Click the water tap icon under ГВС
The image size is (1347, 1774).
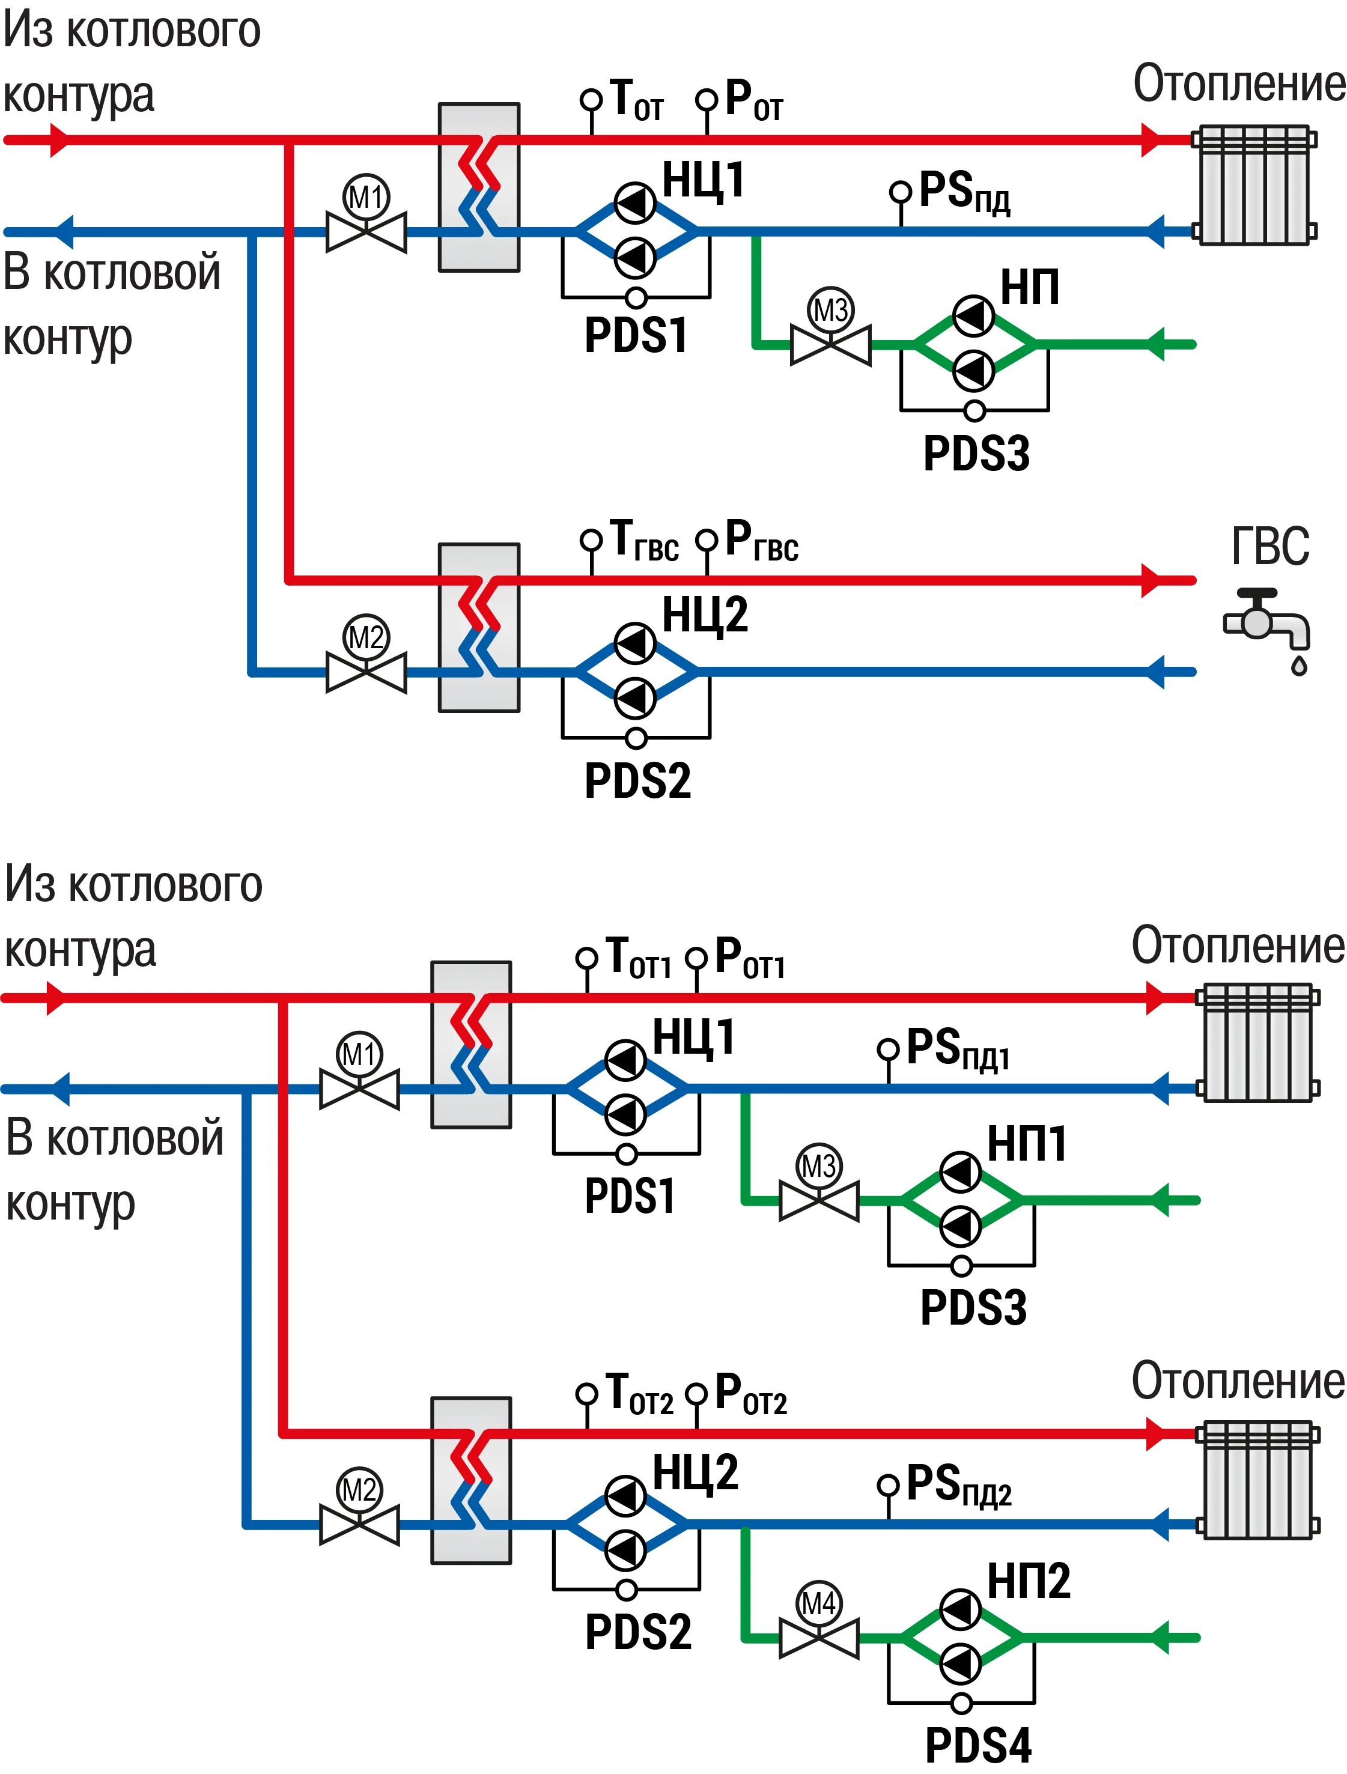click(x=1266, y=632)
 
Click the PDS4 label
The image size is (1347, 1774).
click(x=978, y=1745)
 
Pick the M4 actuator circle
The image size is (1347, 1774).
click(x=819, y=1604)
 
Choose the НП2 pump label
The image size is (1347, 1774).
click(x=1029, y=1581)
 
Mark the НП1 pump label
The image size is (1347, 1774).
click(x=1027, y=1144)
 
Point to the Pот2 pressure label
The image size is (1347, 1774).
click(x=750, y=1395)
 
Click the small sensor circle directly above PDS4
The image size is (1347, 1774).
click(x=961, y=1702)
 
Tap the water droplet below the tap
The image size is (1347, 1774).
click(x=1299, y=665)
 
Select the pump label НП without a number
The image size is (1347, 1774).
click(x=1029, y=287)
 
